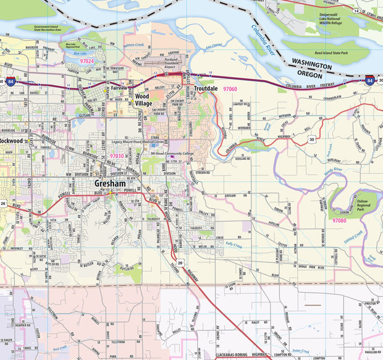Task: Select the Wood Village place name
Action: point(142,100)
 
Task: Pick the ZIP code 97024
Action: point(83,62)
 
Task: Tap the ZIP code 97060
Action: point(230,90)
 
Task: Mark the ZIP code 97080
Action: point(339,220)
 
